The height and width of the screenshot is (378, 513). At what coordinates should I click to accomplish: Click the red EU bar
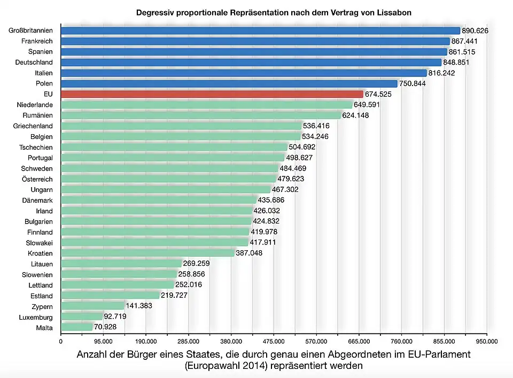(212, 94)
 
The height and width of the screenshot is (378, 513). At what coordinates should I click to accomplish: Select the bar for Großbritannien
(260, 30)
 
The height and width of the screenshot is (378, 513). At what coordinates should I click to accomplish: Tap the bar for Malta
(77, 327)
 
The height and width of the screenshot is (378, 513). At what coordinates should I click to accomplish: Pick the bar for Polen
(229, 83)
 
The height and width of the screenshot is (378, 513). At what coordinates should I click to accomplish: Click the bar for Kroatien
(147, 253)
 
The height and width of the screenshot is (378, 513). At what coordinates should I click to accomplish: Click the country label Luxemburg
(36, 317)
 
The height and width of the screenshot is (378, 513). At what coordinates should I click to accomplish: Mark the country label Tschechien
(36, 147)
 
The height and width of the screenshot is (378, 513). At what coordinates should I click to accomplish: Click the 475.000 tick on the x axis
(274, 341)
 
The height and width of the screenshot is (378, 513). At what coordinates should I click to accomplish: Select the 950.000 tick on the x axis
(486, 341)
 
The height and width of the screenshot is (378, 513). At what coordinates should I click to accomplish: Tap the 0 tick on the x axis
(61, 341)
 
